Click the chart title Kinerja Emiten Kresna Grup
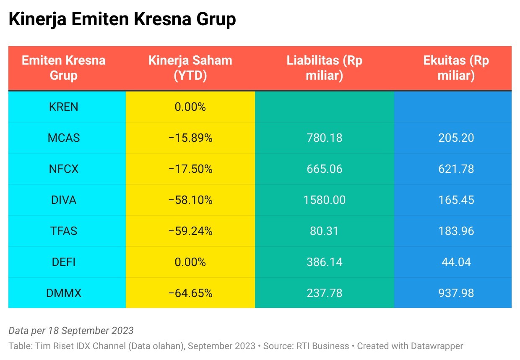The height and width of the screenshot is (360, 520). click(122, 20)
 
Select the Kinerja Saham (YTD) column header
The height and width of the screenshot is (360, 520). click(190, 68)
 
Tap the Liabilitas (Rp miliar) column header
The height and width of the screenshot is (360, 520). click(324, 68)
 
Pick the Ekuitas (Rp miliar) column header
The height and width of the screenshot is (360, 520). click(456, 68)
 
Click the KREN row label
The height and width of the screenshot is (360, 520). click(64, 107)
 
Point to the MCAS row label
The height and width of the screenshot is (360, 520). click(64, 138)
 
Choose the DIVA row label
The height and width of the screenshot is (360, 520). click(64, 200)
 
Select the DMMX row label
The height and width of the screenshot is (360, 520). click(64, 293)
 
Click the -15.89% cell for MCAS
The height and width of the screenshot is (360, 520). click(190, 138)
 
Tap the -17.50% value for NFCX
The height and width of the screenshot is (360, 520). click(190, 169)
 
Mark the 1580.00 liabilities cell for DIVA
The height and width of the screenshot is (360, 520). click(324, 200)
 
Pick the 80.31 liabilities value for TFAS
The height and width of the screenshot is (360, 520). click(324, 231)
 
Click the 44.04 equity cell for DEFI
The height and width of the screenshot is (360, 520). click(456, 262)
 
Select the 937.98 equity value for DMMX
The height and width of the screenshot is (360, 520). click(456, 293)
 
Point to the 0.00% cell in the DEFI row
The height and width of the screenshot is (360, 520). click(190, 262)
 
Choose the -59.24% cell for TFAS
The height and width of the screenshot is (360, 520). click(190, 231)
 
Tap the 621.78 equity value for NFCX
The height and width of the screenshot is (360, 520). click(456, 169)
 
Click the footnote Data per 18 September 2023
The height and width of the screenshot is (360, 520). click(71, 331)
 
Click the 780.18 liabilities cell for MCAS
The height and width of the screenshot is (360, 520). click(324, 138)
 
